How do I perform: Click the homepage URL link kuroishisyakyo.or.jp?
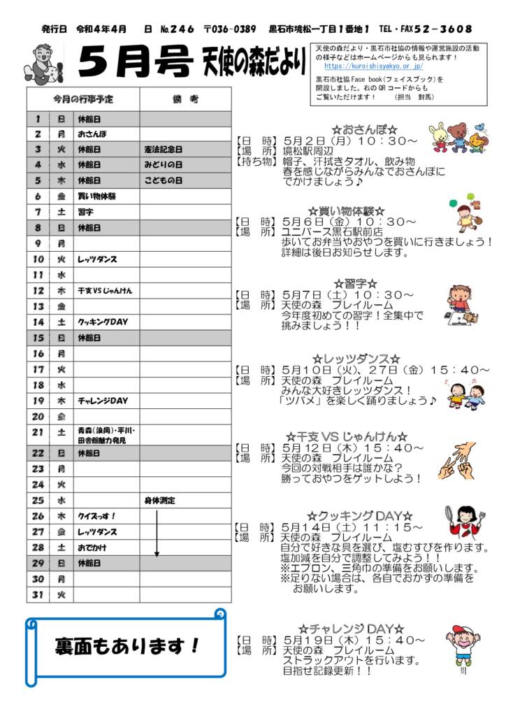click(x=374, y=66)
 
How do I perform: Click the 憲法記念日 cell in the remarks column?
click(x=163, y=150)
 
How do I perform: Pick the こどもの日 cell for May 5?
click(x=163, y=181)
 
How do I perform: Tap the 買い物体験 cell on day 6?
click(x=97, y=196)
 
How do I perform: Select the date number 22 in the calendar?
click(x=38, y=453)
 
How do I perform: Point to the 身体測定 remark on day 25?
click(x=160, y=501)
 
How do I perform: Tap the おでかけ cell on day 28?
click(x=92, y=547)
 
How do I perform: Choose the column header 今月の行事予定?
click(x=83, y=99)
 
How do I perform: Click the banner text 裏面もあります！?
click(x=127, y=645)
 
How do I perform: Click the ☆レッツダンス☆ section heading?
click(x=356, y=359)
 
